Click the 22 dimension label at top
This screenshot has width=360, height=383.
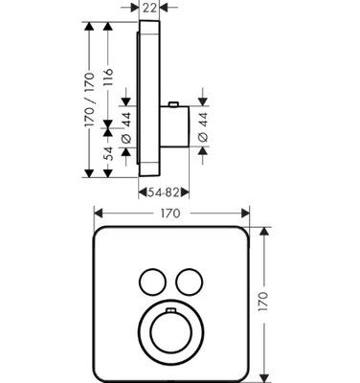click(x=149, y=8)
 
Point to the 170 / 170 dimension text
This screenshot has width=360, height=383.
click(x=90, y=100)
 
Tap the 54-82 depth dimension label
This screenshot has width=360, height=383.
click(x=163, y=192)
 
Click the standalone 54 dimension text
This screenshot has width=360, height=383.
click(x=108, y=153)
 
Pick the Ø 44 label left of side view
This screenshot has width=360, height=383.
click(x=126, y=127)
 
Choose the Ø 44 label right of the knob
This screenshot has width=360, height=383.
click(x=203, y=126)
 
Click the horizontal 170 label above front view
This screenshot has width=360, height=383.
click(x=170, y=214)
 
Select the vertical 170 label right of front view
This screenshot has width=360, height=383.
click(x=263, y=302)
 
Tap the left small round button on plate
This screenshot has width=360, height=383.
click(x=152, y=282)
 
